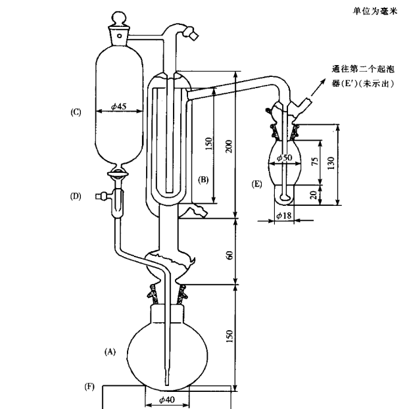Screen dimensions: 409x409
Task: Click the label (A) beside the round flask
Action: tap(110, 352)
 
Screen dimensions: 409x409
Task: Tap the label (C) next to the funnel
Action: tap(76, 112)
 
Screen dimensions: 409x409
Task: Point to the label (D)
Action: tap(76, 196)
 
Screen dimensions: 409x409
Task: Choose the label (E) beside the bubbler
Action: tap(257, 185)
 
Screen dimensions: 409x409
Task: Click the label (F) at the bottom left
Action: tap(89, 386)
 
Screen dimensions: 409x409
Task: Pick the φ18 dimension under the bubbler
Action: tap(284, 215)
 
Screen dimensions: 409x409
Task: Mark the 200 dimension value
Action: tap(229, 146)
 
